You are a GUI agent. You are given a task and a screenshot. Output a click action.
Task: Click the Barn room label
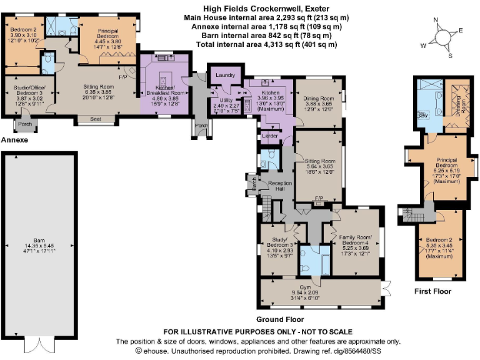pyautogui.click(x=39, y=242)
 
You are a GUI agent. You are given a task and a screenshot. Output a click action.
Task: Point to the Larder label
pyautogui.click(x=270, y=135)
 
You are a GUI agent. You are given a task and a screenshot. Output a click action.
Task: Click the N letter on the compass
pyautogui.click(x=436, y=21)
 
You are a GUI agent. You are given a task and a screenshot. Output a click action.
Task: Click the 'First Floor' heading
pyautogui.click(x=432, y=291)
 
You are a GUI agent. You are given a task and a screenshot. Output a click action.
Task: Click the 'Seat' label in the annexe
pyautogui.click(x=96, y=118)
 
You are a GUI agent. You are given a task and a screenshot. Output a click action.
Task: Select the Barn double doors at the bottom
pyautogui.click(x=39, y=344)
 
